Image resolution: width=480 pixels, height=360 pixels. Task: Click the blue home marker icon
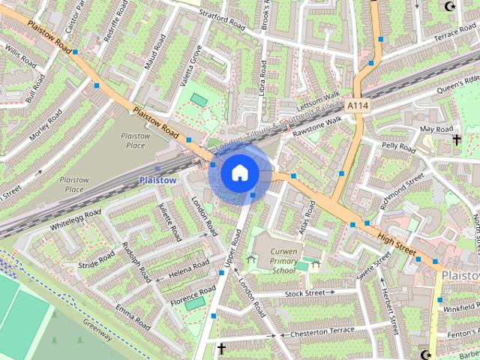(239, 173)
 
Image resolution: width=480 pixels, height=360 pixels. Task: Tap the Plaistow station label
(157, 180)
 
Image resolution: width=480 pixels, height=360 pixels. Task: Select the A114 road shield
(357, 106)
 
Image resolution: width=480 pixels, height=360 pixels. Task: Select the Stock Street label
(310, 293)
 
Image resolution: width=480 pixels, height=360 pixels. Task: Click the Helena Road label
(190, 267)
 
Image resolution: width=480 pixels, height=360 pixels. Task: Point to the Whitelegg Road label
(75, 219)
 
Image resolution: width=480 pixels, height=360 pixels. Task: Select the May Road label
(436, 129)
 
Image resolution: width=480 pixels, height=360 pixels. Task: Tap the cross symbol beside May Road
(455, 139)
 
